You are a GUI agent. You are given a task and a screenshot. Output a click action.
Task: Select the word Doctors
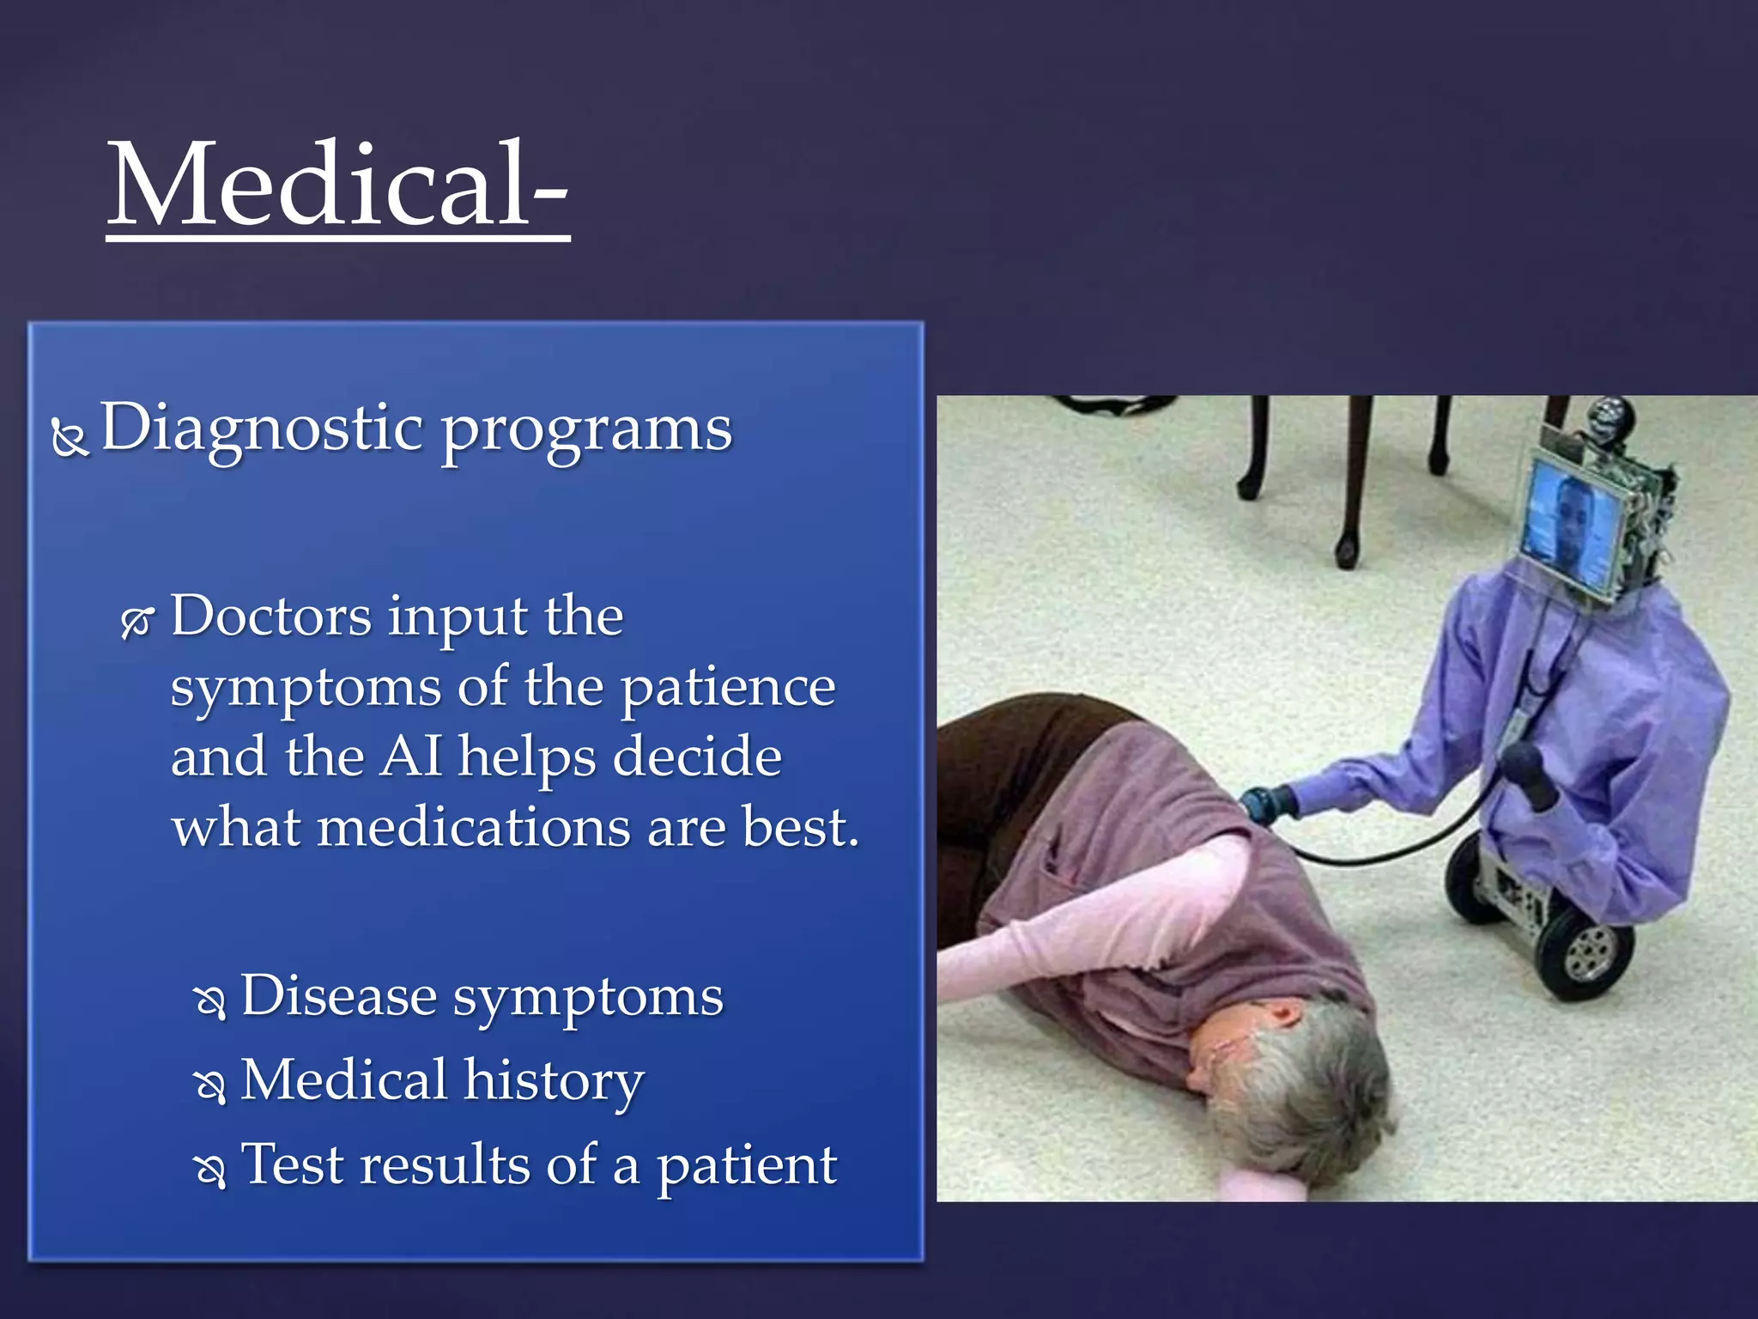click(271, 616)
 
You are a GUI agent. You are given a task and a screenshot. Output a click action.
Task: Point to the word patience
click(727, 688)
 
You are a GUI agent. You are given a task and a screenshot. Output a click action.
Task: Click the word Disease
click(338, 996)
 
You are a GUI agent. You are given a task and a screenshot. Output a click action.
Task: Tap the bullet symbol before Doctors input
click(137, 623)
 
